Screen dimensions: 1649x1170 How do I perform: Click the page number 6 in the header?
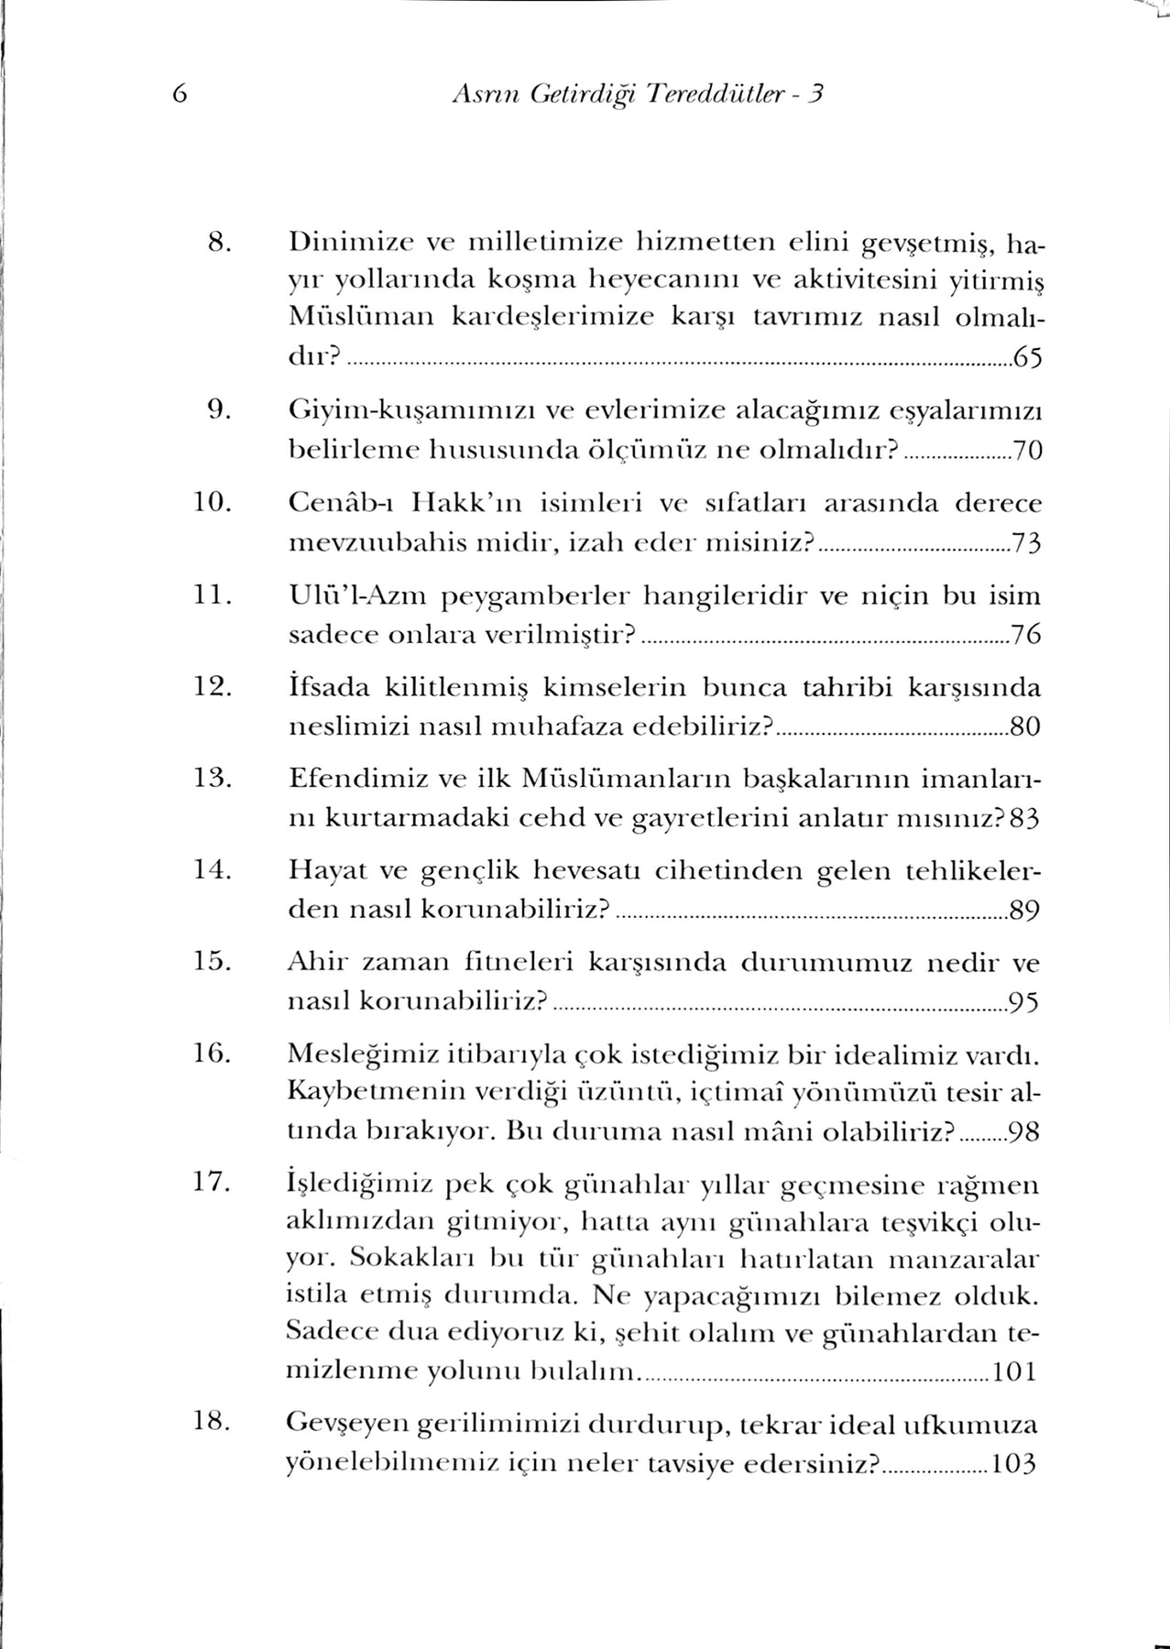pos(179,93)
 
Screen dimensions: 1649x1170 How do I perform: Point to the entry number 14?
pos(213,870)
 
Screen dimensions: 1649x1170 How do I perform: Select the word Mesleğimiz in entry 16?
pos(360,1055)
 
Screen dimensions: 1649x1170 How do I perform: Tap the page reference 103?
pos(1015,1464)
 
